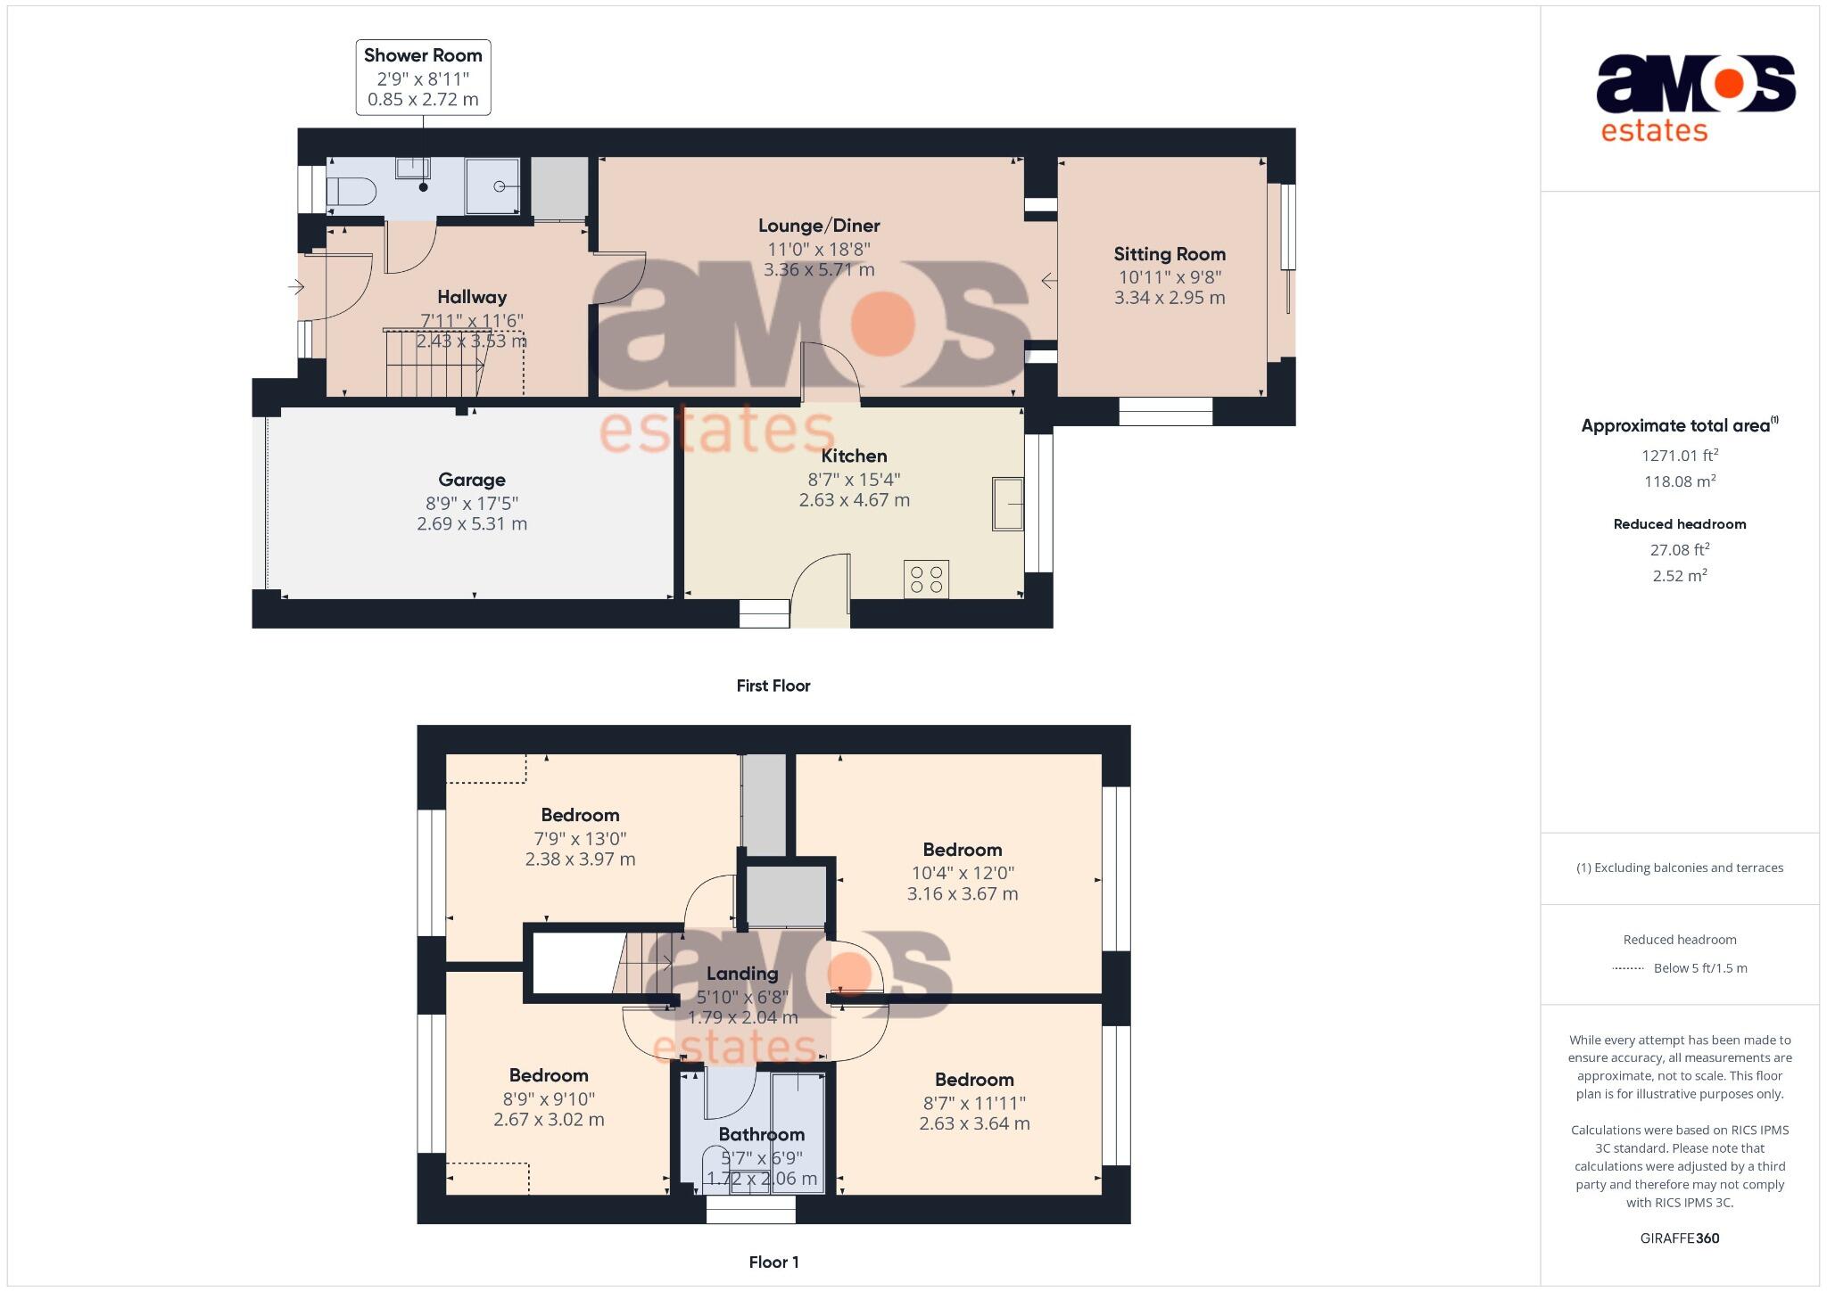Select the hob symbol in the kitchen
926,579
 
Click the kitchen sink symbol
1008,504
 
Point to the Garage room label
472,480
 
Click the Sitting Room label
1169,254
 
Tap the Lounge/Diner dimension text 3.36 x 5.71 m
819,269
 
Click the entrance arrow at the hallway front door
296,287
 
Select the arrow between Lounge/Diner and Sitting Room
1049,281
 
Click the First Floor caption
773,686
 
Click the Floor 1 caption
773,1262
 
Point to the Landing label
742,974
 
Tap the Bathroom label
761,1134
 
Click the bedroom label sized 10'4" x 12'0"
962,850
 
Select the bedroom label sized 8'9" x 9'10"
549,1075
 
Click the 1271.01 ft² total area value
1679,456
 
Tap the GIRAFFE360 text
1679,1238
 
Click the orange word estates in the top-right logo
1654,131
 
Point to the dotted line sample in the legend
1628,968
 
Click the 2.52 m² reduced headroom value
1679,576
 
